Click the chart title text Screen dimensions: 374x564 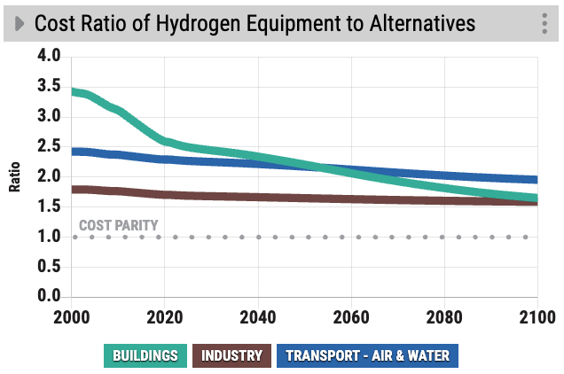255,23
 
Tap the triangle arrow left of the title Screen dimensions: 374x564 19,23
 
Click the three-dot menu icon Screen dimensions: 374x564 544,24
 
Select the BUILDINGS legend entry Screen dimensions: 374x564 145,356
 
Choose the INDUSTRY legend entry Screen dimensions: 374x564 231,356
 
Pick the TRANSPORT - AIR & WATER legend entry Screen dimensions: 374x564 367,356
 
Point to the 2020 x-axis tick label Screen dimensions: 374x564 164,316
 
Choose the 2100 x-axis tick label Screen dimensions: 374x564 535,316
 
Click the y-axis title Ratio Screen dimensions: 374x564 15,177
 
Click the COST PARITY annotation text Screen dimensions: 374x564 118,225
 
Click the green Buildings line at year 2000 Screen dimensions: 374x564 74,91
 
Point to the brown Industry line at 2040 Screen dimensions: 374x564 258,197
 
